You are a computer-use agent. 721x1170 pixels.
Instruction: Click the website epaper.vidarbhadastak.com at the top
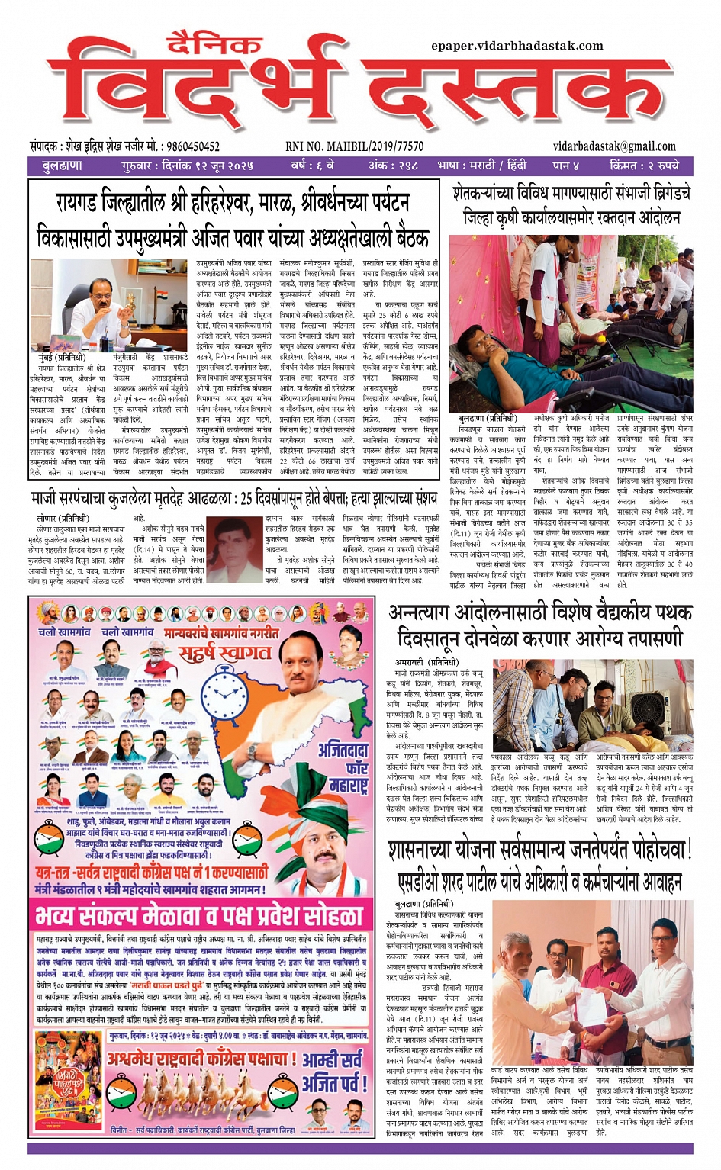tap(517, 46)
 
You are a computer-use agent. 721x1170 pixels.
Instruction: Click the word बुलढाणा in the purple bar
tap(62, 166)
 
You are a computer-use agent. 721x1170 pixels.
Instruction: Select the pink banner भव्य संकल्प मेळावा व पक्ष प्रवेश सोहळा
tap(200, 914)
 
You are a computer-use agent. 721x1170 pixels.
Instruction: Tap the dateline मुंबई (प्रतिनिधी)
tap(62, 356)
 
